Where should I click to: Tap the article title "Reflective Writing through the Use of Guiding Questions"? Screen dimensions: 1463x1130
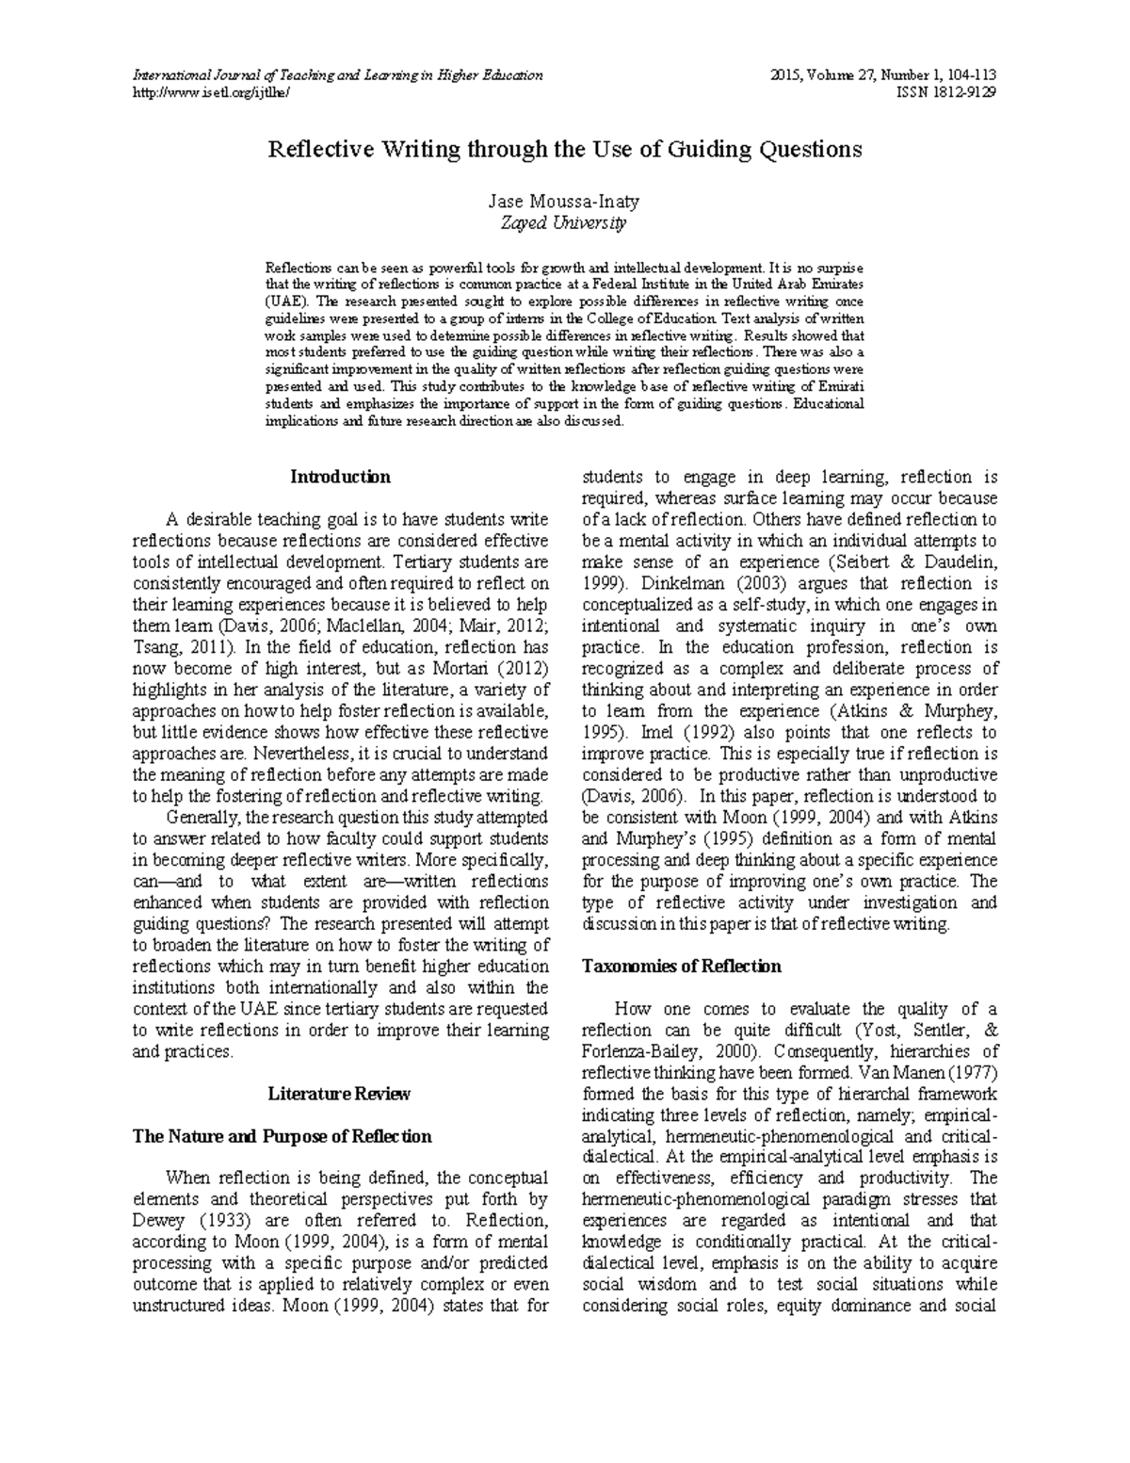[x=565, y=149]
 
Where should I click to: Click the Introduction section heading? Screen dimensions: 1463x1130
[x=340, y=477]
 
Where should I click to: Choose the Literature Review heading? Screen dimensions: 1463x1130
[x=340, y=1094]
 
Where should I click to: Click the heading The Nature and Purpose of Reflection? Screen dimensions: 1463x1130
[x=282, y=1136]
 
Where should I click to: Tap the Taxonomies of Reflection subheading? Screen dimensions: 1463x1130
[x=682, y=966]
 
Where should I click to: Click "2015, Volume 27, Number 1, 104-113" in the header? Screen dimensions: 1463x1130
[x=883, y=75]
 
